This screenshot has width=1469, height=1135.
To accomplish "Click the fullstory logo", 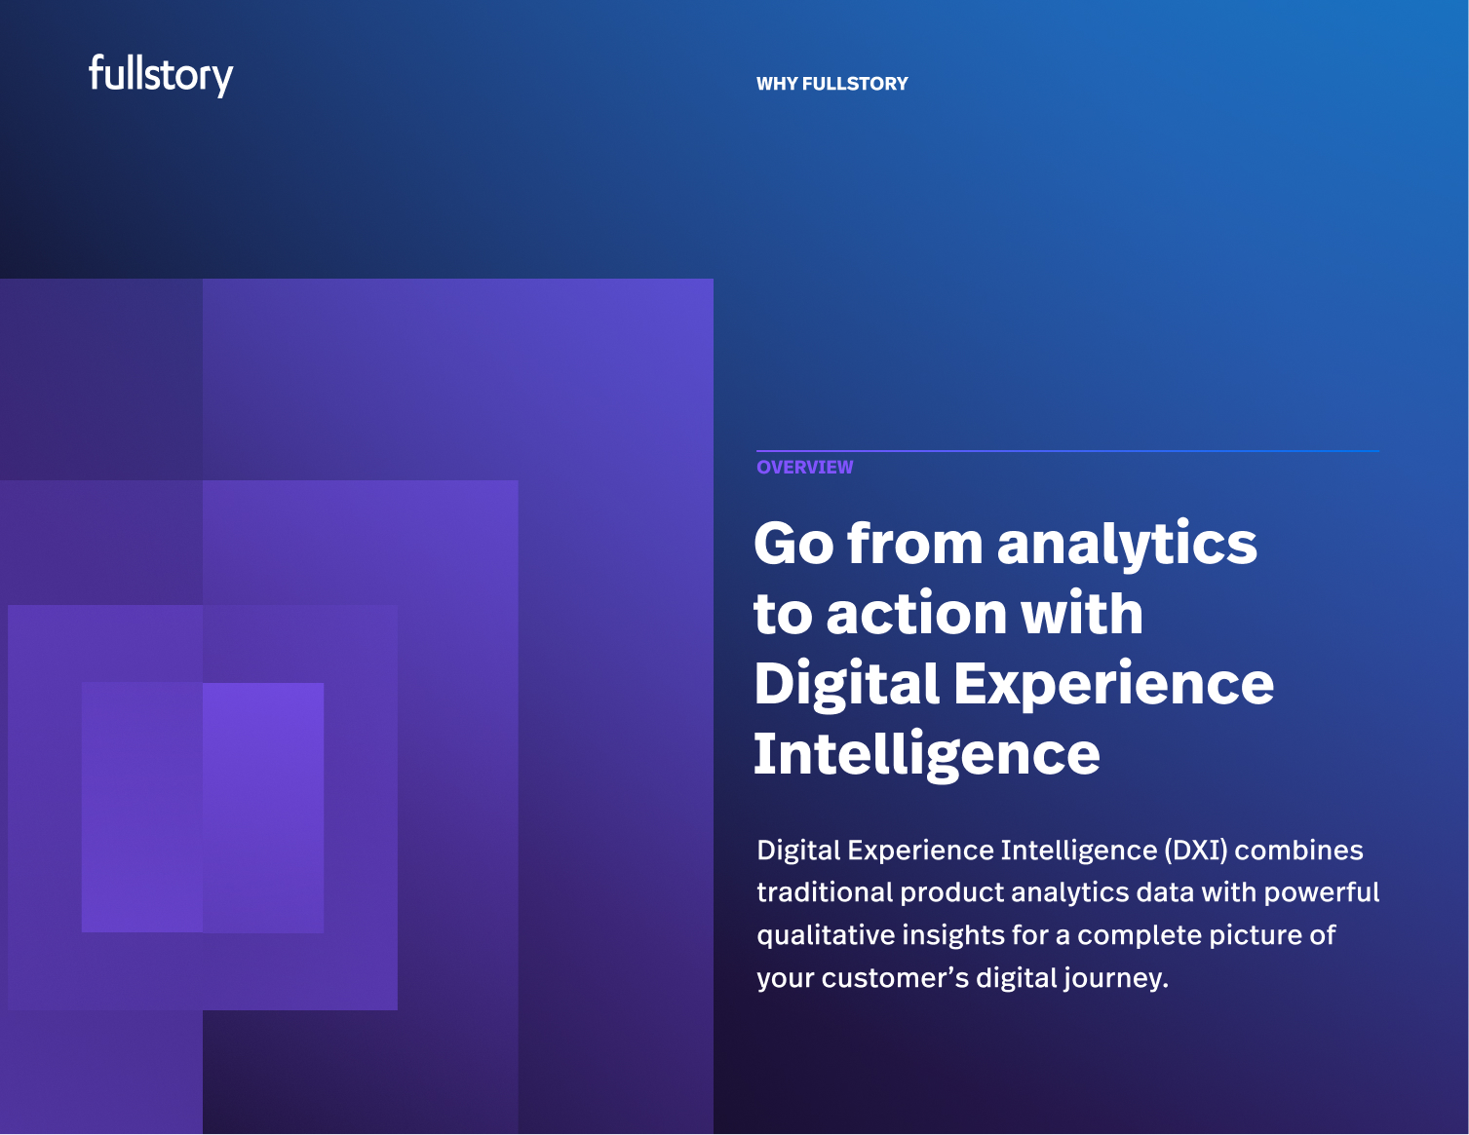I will tap(161, 75).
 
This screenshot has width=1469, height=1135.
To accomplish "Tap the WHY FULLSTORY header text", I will tap(831, 84).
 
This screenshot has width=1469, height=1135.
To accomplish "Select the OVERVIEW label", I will tap(804, 468).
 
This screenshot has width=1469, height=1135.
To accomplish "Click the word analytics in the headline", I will tap(1127, 544).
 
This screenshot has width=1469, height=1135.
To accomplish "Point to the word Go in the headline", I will tap(792, 544).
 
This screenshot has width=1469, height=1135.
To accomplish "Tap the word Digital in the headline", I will tap(845, 685).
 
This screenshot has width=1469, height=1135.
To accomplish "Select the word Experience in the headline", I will tap(1113, 685).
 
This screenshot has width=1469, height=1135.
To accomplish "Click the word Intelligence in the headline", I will tap(926, 755).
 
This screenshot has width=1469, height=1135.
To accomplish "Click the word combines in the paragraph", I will tap(1299, 851).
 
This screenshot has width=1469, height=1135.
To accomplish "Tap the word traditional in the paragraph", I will tap(825, 892).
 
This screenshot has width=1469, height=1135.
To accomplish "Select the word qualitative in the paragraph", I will tap(825, 935).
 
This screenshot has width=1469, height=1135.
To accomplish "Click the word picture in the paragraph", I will tap(1253, 935).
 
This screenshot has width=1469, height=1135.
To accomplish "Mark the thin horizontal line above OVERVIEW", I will tap(1067, 451).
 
